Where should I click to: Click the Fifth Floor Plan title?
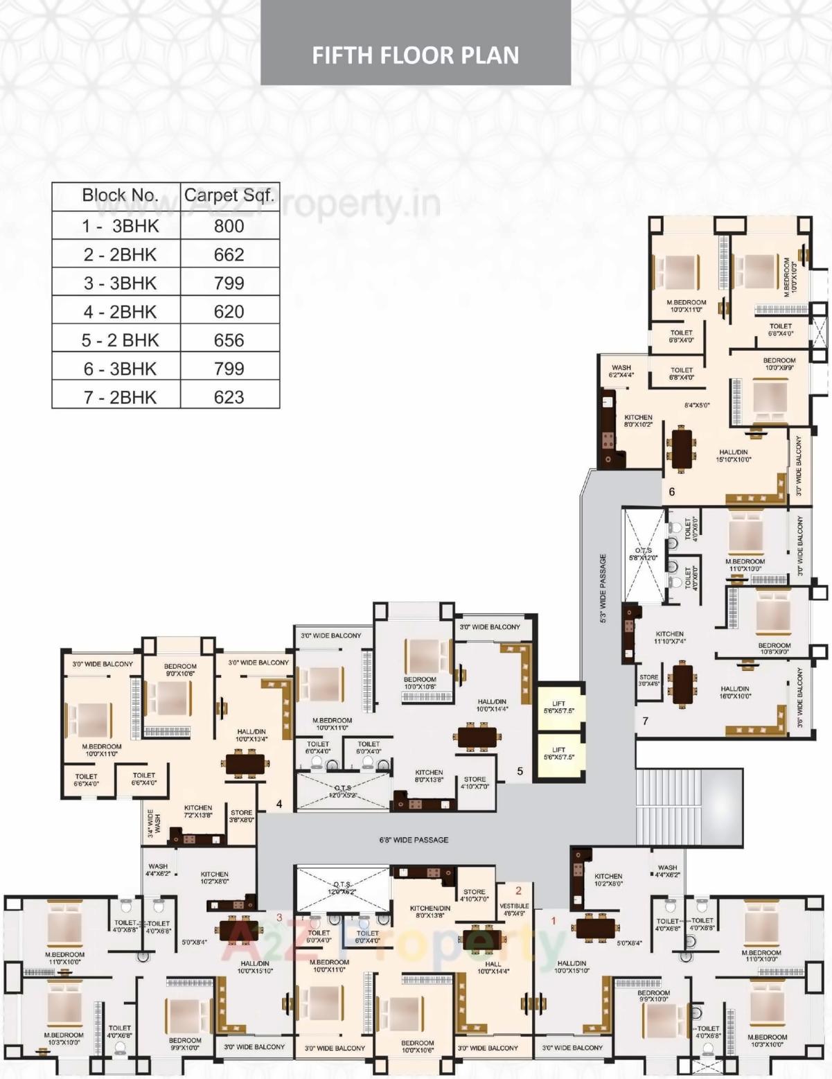pyautogui.click(x=416, y=55)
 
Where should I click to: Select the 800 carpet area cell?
pyautogui.click(x=229, y=226)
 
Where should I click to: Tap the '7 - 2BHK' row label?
pyautogui.click(x=120, y=397)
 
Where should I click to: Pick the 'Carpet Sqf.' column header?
pyautogui.click(x=229, y=195)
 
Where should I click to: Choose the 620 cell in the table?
pyautogui.click(x=229, y=312)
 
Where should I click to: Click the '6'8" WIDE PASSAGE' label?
pyautogui.click(x=414, y=840)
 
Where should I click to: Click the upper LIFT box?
pyautogui.click(x=559, y=707)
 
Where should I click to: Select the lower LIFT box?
pyautogui.click(x=559, y=753)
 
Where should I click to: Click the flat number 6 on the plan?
pyautogui.click(x=671, y=492)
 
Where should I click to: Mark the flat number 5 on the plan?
pyautogui.click(x=520, y=771)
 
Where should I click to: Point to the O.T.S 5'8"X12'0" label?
pyautogui.click(x=643, y=554)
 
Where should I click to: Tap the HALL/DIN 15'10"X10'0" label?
pyautogui.click(x=734, y=455)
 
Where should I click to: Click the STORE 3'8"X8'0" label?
pyautogui.click(x=242, y=816)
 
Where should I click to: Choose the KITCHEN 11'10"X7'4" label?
pyautogui.click(x=669, y=638)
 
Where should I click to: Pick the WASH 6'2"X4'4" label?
pyautogui.click(x=621, y=371)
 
